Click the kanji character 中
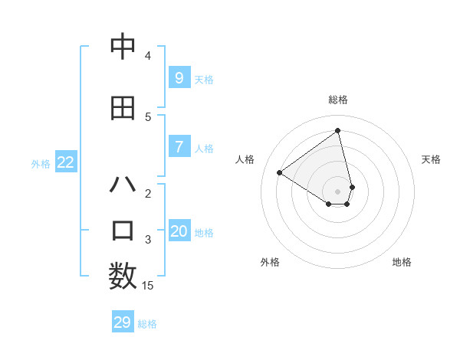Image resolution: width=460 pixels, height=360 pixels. [x=123, y=47]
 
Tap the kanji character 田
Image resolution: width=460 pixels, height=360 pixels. [x=123, y=108]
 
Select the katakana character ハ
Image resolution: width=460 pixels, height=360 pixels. [x=123, y=185]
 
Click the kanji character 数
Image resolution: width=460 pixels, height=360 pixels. [x=123, y=277]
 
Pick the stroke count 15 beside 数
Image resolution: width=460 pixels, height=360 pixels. [x=148, y=286]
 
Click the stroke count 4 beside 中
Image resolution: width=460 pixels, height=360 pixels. [x=148, y=56]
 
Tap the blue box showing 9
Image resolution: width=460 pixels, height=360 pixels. [x=179, y=77]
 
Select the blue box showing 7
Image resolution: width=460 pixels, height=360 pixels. [x=179, y=147]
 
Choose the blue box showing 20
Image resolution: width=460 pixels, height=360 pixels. [x=179, y=231]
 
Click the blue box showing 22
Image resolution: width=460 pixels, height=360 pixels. [x=66, y=162]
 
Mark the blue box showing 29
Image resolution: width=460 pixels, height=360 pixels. [x=122, y=322]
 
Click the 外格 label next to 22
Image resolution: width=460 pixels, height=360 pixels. [x=41, y=163]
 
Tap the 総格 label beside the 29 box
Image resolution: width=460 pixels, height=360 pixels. [x=147, y=324]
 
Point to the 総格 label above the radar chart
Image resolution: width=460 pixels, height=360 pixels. [x=337, y=100]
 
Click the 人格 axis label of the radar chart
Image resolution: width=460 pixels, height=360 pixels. [x=245, y=159]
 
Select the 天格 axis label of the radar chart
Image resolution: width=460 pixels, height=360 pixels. [x=431, y=159]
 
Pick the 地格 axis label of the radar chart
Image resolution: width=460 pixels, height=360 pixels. [x=402, y=262]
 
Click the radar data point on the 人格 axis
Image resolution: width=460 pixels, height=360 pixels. [x=279, y=172]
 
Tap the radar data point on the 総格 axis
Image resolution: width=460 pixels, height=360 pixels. [x=337, y=131]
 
